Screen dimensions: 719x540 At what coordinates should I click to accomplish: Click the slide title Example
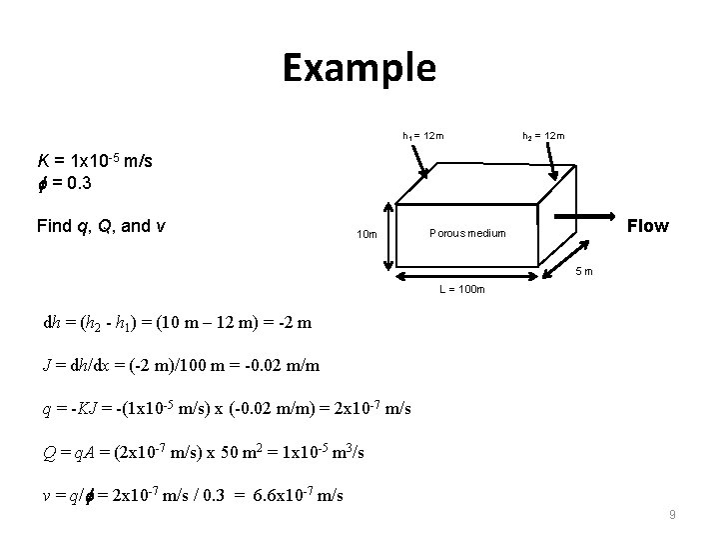(359, 68)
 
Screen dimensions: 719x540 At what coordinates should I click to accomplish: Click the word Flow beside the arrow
(647, 226)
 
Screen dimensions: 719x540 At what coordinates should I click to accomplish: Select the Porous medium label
(467, 233)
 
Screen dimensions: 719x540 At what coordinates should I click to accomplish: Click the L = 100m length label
(460, 290)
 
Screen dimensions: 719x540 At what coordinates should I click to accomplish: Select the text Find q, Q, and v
(101, 226)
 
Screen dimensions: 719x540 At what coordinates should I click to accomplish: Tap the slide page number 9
(672, 515)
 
